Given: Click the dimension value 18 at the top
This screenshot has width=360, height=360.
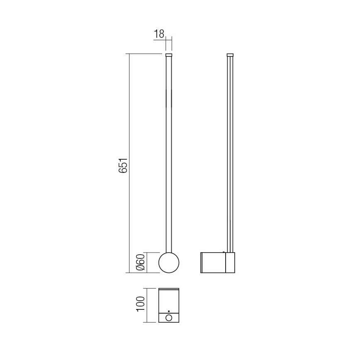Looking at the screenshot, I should click(x=159, y=34).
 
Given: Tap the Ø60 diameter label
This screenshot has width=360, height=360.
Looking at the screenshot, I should click(x=141, y=263).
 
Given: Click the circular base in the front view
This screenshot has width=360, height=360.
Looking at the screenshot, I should click(x=169, y=263).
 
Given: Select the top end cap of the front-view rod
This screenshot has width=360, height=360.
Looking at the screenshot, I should click(x=169, y=54).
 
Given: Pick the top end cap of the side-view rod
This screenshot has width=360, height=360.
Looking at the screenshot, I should click(x=230, y=54).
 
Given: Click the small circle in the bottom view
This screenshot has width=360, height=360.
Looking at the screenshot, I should click(x=169, y=318).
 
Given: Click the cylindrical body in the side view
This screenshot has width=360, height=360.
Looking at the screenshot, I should click(x=213, y=263).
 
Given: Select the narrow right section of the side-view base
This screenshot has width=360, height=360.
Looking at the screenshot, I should click(x=230, y=263).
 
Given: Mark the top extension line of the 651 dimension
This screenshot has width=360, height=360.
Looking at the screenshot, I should click(x=145, y=54).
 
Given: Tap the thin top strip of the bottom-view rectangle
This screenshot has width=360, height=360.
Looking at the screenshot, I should click(x=169, y=289).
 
